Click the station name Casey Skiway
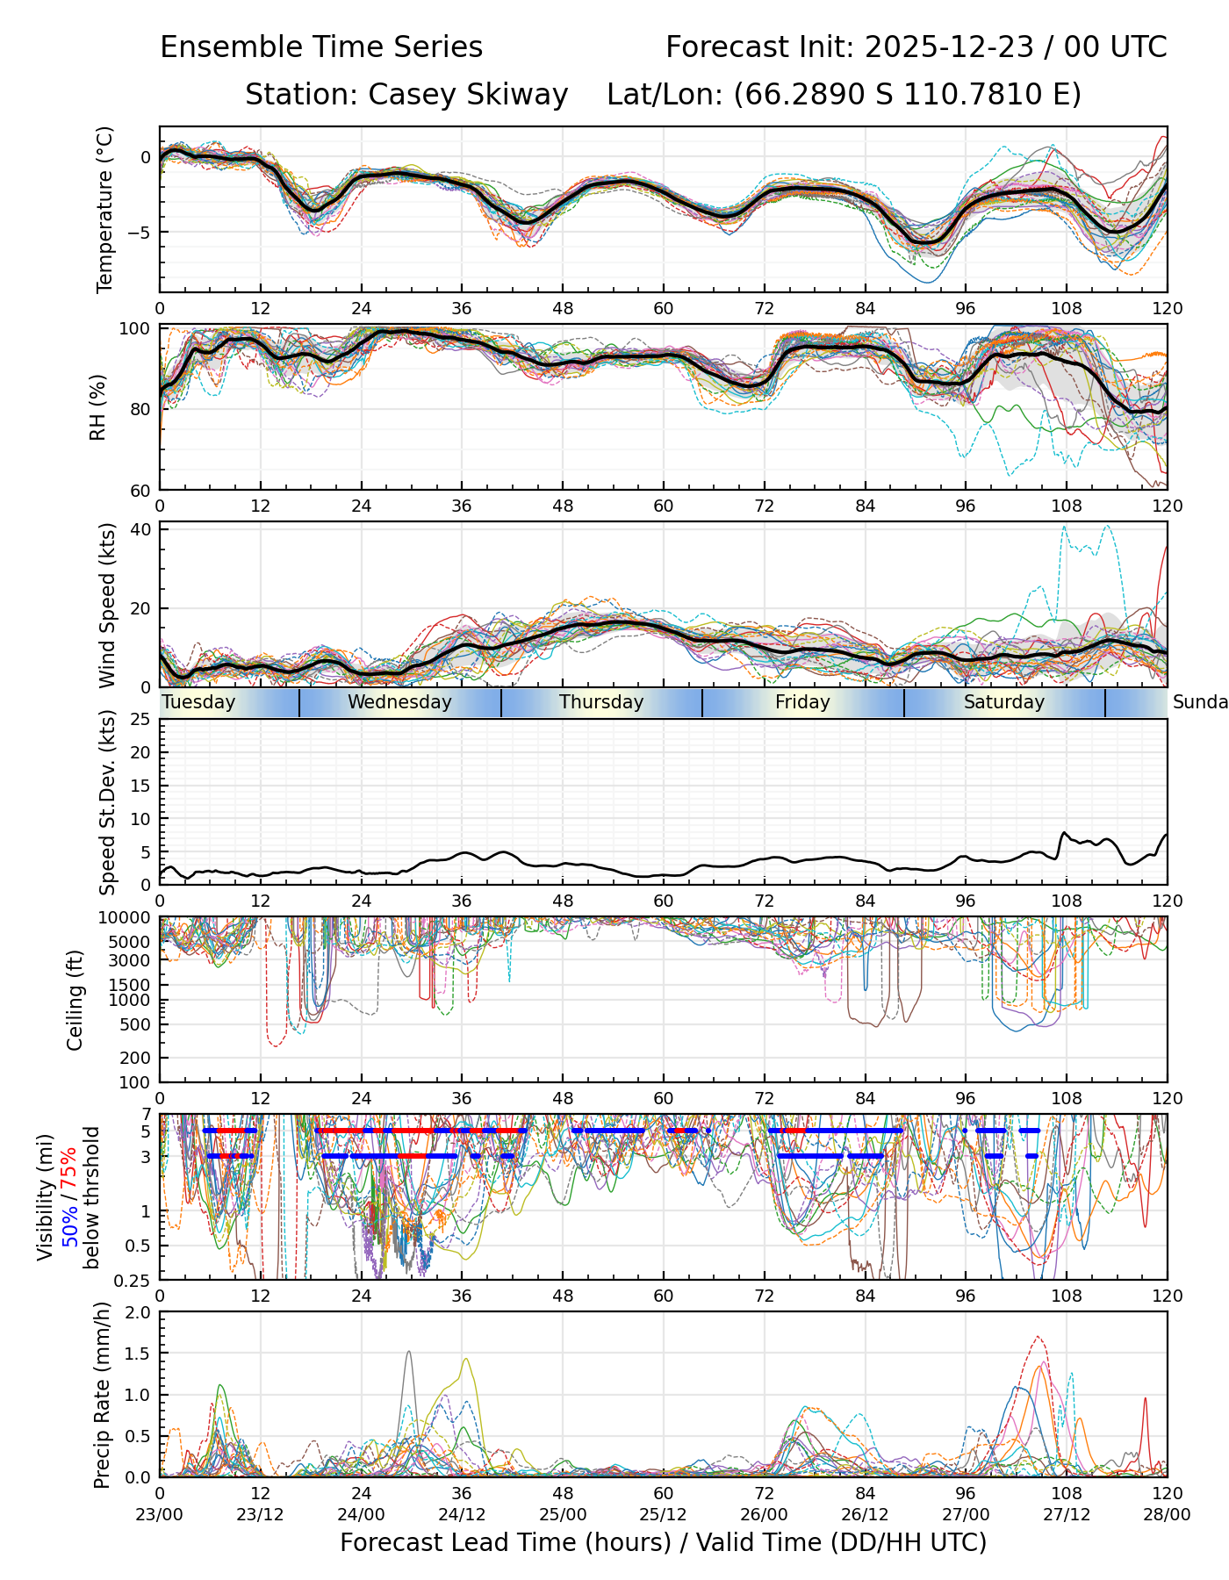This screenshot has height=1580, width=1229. (x=468, y=94)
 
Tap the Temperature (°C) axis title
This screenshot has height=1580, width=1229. (x=105, y=209)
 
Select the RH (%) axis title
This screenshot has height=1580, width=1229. (x=97, y=406)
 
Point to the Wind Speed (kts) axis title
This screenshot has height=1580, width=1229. (x=107, y=605)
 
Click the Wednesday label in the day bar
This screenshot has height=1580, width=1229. (x=399, y=702)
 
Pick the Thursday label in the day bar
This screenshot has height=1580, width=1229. (x=601, y=702)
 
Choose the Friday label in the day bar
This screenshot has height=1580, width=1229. (x=802, y=702)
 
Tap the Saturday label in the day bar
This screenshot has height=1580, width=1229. (x=1003, y=702)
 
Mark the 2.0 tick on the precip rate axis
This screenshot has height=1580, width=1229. (x=139, y=1312)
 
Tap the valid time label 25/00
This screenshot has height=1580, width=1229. (x=563, y=1514)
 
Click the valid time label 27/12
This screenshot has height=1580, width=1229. (x=1067, y=1514)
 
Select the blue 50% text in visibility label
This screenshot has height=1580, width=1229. (x=69, y=1228)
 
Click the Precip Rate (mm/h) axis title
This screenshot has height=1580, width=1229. (x=102, y=1394)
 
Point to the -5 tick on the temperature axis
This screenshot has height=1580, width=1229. (x=140, y=233)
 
